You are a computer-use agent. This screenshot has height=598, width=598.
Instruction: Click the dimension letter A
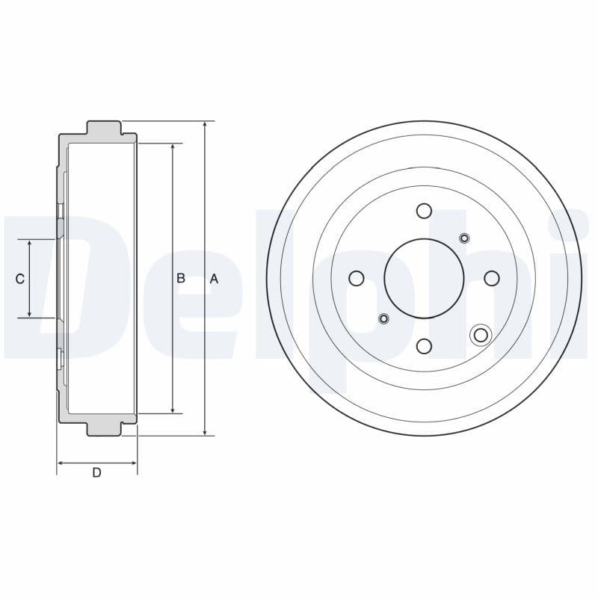click(214, 279)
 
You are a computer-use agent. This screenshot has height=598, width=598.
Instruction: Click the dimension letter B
click(181, 278)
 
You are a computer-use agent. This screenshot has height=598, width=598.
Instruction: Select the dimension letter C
click(20, 279)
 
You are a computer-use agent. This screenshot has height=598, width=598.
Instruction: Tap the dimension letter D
click(96, 472)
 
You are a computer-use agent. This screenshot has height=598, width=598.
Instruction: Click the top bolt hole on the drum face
click(424, 211)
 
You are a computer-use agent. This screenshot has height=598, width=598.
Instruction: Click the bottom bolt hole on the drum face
click(424, 346)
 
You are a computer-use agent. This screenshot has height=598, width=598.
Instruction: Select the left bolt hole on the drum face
click(357, 278)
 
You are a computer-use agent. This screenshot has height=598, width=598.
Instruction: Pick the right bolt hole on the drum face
click(492, 278)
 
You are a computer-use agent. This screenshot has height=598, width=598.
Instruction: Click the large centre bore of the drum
click(424, 278)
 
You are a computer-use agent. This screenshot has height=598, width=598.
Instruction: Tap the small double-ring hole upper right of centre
click(464, 238)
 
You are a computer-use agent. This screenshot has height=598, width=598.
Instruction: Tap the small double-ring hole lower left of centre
click(384, 319)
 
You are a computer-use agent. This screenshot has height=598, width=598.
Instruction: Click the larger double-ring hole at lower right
click(481, 335)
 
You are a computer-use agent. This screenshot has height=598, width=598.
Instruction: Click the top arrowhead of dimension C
click(29, 244)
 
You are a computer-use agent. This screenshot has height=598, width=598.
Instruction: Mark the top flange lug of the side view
click(104, 128)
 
